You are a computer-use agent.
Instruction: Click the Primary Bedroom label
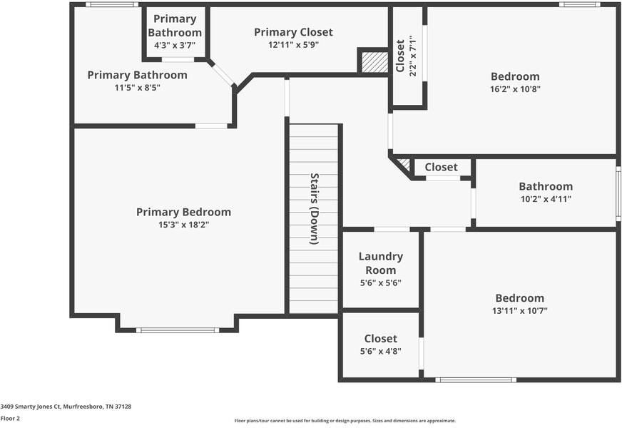[183, 212]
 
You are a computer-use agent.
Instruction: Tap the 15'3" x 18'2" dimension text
[183, 225]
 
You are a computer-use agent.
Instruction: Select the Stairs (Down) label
[314, 208]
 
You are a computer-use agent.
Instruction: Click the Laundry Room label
[381, 263]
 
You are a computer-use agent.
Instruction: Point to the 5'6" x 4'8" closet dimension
[381, 351]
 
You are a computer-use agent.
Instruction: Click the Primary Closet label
[294, 32]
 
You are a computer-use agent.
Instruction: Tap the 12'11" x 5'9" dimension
[294, 45]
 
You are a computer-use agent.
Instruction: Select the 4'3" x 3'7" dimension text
[175, 45]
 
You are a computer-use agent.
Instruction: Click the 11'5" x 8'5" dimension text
[137, 88]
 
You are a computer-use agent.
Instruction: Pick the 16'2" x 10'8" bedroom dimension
[515, 89]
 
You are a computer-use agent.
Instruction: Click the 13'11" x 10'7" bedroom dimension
[520, 310]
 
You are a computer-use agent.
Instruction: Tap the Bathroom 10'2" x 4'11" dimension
[546, 199]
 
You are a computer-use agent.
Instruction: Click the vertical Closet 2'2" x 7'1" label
[406, 56]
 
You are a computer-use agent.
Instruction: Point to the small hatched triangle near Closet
[404, 164]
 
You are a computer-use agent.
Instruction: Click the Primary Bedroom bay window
[178, 330]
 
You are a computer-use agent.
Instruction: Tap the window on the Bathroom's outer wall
[618, 193]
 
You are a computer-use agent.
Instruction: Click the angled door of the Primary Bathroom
[222, 73]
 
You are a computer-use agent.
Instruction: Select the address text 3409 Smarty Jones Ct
[31, 407]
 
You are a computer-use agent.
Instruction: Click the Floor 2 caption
[10, 419]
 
